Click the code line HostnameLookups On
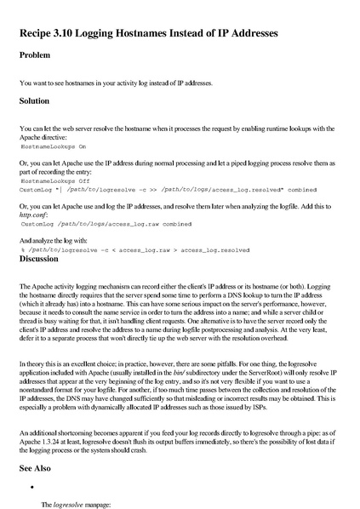(53, 146)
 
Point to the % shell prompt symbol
(22, 251)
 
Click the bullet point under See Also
(31, 487)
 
